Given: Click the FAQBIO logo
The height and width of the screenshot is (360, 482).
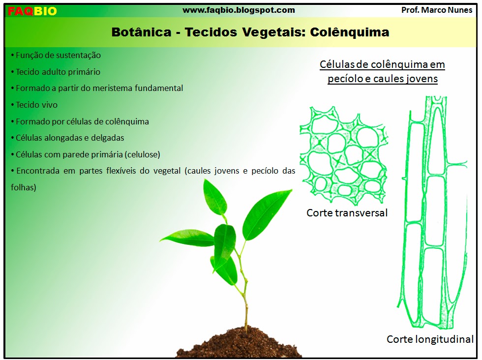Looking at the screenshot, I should [x=32, y=11].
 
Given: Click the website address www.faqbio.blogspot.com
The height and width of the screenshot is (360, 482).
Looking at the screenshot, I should [x=239, y=10].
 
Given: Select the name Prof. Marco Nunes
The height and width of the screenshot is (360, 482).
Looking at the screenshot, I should [x=437, y=10].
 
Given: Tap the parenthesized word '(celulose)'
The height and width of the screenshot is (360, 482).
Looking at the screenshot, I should [x=142, y=154].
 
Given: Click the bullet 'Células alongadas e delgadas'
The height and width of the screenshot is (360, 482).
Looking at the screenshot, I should [x=69, y=138].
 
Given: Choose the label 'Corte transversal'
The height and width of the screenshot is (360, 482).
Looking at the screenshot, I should [x=347, y=213].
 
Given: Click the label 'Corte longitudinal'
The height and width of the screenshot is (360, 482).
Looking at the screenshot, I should [x=430, y=339].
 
